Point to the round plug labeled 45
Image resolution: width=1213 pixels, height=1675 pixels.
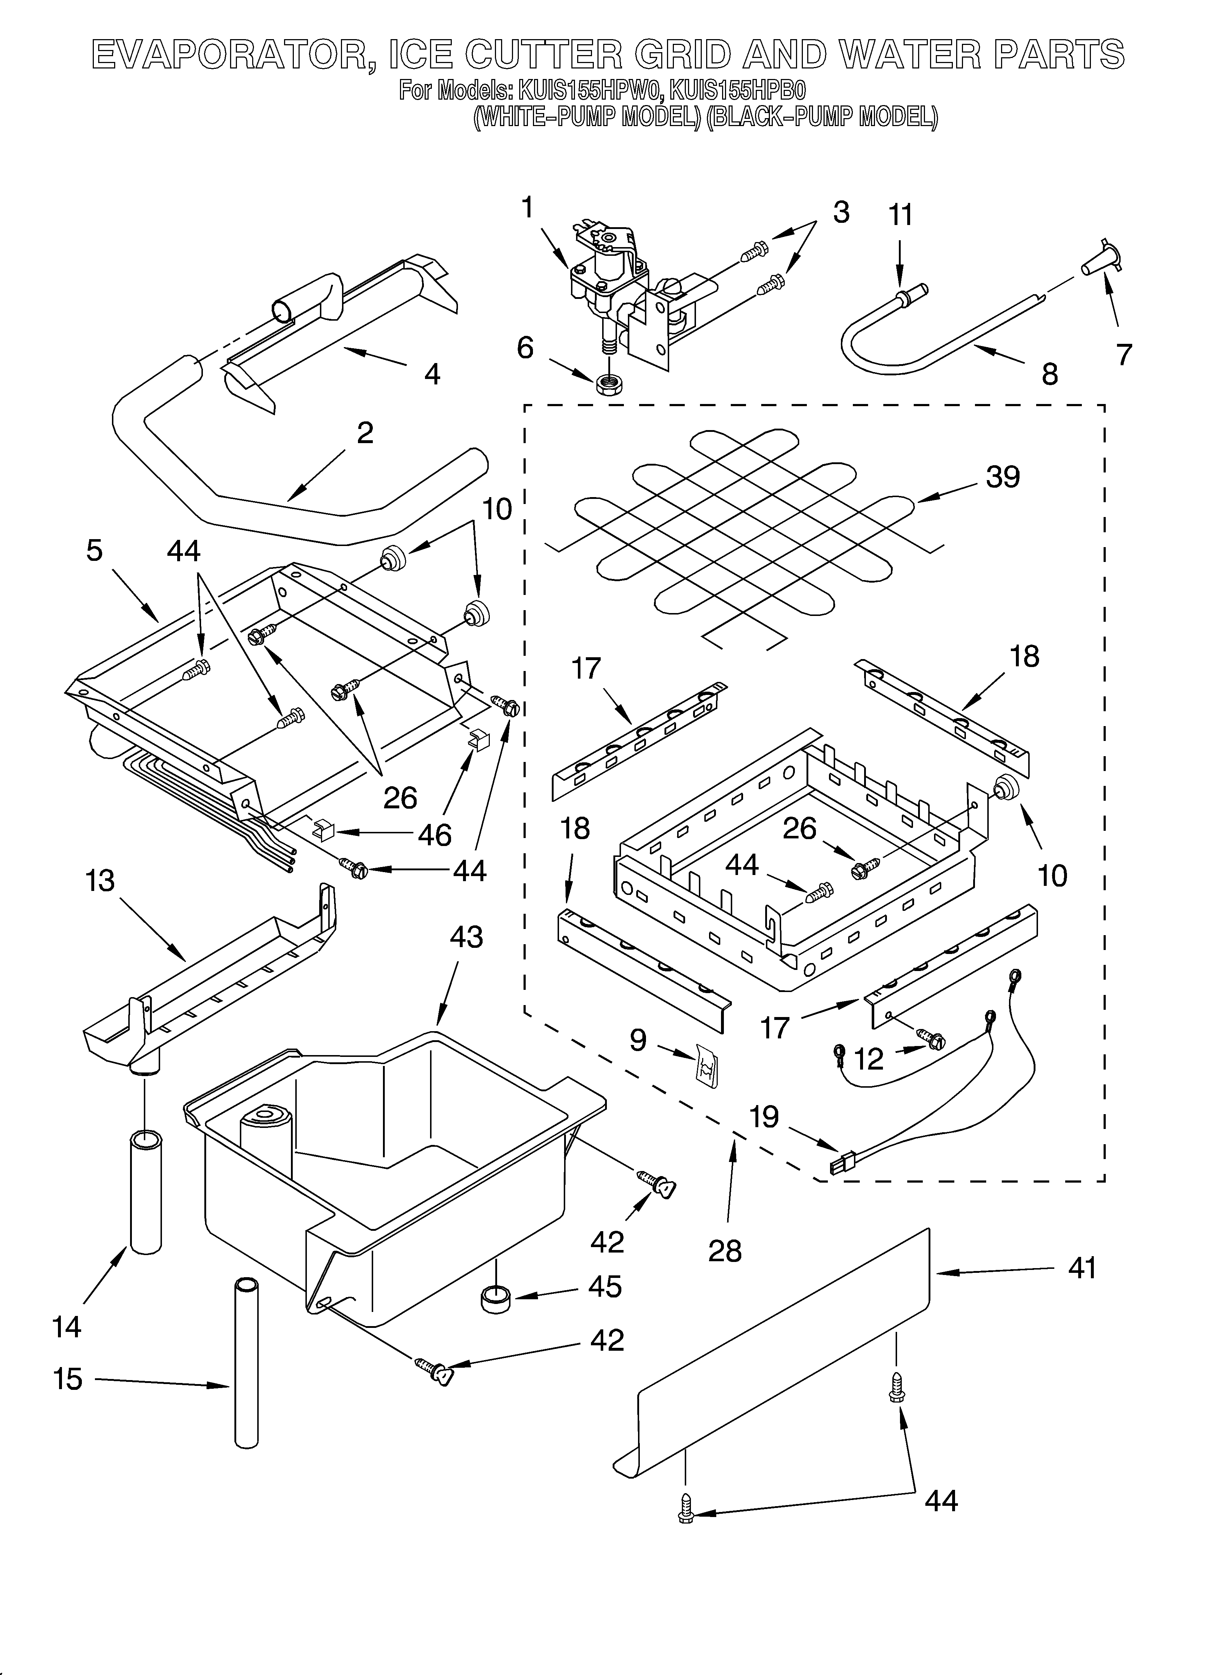click(x=496, y=1299)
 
